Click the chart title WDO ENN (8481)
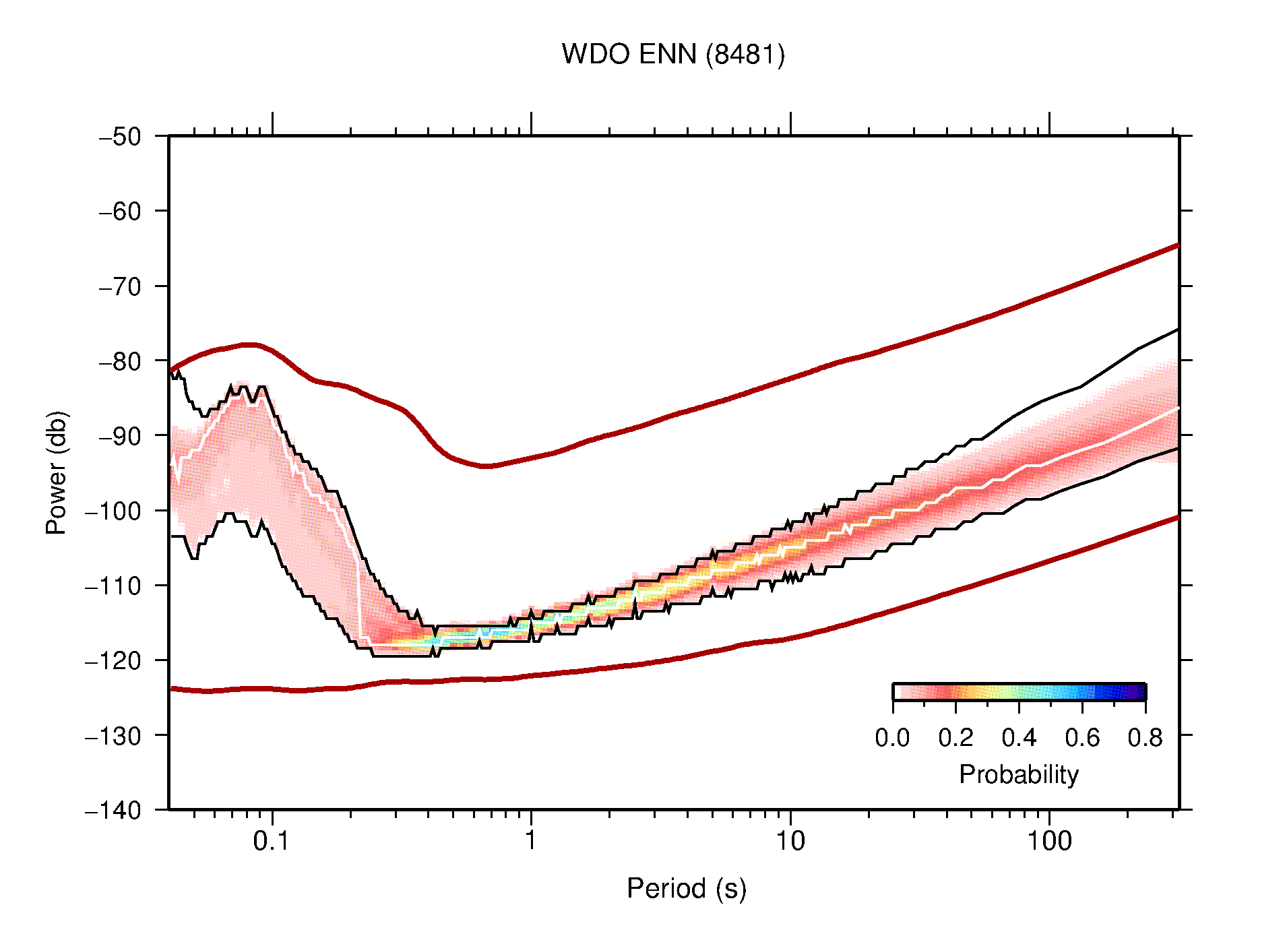point(673,55)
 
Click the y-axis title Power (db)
point(57,472)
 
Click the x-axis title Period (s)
point(686,889)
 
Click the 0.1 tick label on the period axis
point(271,841)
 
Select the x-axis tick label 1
point(531,841)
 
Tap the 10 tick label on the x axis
point(790,841)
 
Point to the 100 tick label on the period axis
point(1048,841)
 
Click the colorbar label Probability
point(1018,775)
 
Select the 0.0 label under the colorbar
point(892,739)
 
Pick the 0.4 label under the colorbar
point(1019,739)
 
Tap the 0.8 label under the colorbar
point(1145,739)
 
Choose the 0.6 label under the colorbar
point(1082,739)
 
